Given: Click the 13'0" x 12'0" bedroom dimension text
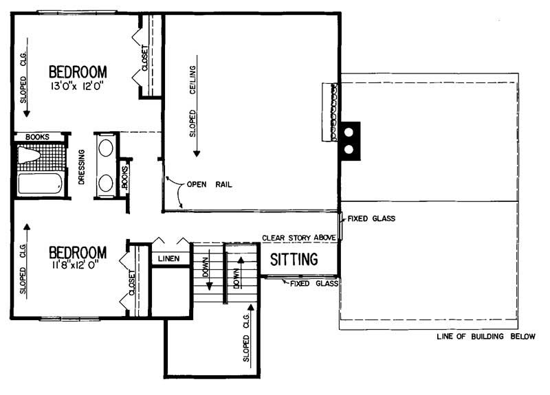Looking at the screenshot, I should (x=78, y=87).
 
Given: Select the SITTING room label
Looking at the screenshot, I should (x=294, y=260).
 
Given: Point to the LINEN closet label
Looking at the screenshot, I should (x=168, y=259).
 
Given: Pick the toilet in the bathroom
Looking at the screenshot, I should (x=31, y=155).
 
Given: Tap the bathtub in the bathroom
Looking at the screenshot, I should (x=39, y=183).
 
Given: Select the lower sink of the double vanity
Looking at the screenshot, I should (x=105, y=181).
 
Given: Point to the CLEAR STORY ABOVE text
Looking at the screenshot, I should (x=298, y=238).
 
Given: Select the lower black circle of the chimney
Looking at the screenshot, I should (x=349, y=148).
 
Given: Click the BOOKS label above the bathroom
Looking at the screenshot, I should (x=37, y=137).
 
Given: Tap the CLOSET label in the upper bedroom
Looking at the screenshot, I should (x=145, y=58).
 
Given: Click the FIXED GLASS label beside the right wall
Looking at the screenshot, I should (x=371, y=219).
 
